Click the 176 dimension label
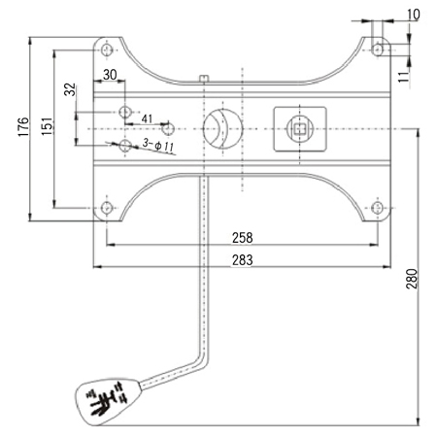tap(23, 126)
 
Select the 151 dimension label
tap(47, 126)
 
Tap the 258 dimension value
tap(243, 238)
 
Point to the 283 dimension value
tap(243, 260)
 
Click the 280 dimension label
tap(412, 278)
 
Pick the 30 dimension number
tap(110, 75)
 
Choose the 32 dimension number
tap(70, 89)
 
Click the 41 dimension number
tap(147, 118)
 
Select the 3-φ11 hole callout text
tap(158, 145)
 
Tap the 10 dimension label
tap(413, 15)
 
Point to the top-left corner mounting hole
tap(107, 50)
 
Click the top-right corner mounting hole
tap(377, 50)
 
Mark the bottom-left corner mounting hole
tap(107, 208)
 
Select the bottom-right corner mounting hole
tap(377, 208)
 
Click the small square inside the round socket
tap(300, 129)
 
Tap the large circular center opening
tap(222, 129)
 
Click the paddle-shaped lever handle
tap(108, 402)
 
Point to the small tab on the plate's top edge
tap(204, 79)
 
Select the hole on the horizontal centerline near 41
tap(168, 129)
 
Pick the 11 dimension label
tap(404, 77)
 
